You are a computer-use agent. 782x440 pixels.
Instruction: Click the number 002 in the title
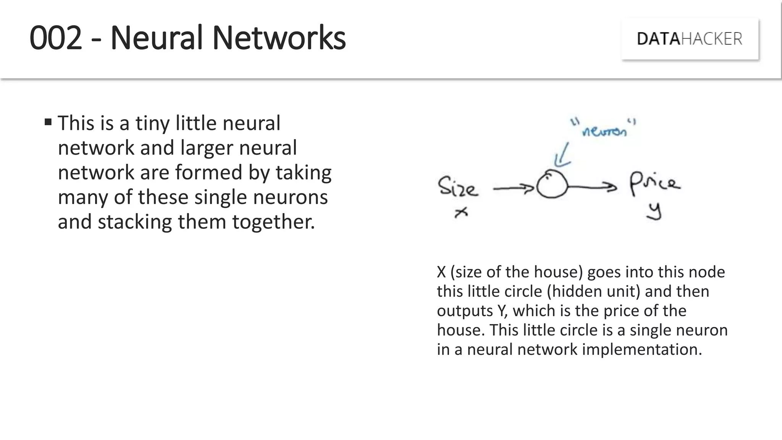point(56,38)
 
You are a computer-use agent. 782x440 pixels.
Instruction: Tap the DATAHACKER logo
point(690,39)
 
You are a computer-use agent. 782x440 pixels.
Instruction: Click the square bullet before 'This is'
point(48,122)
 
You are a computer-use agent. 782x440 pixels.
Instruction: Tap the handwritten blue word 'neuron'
point(604,131)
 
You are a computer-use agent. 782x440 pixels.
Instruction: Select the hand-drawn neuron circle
point(552,184)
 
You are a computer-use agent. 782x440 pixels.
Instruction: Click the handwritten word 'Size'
point(457,187)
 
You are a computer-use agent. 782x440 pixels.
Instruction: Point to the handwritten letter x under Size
point(461,212)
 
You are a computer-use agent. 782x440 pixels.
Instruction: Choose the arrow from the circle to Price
point(592,186)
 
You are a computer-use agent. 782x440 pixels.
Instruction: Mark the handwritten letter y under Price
point(654,211)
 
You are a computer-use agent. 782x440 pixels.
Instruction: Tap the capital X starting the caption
point(441,272)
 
